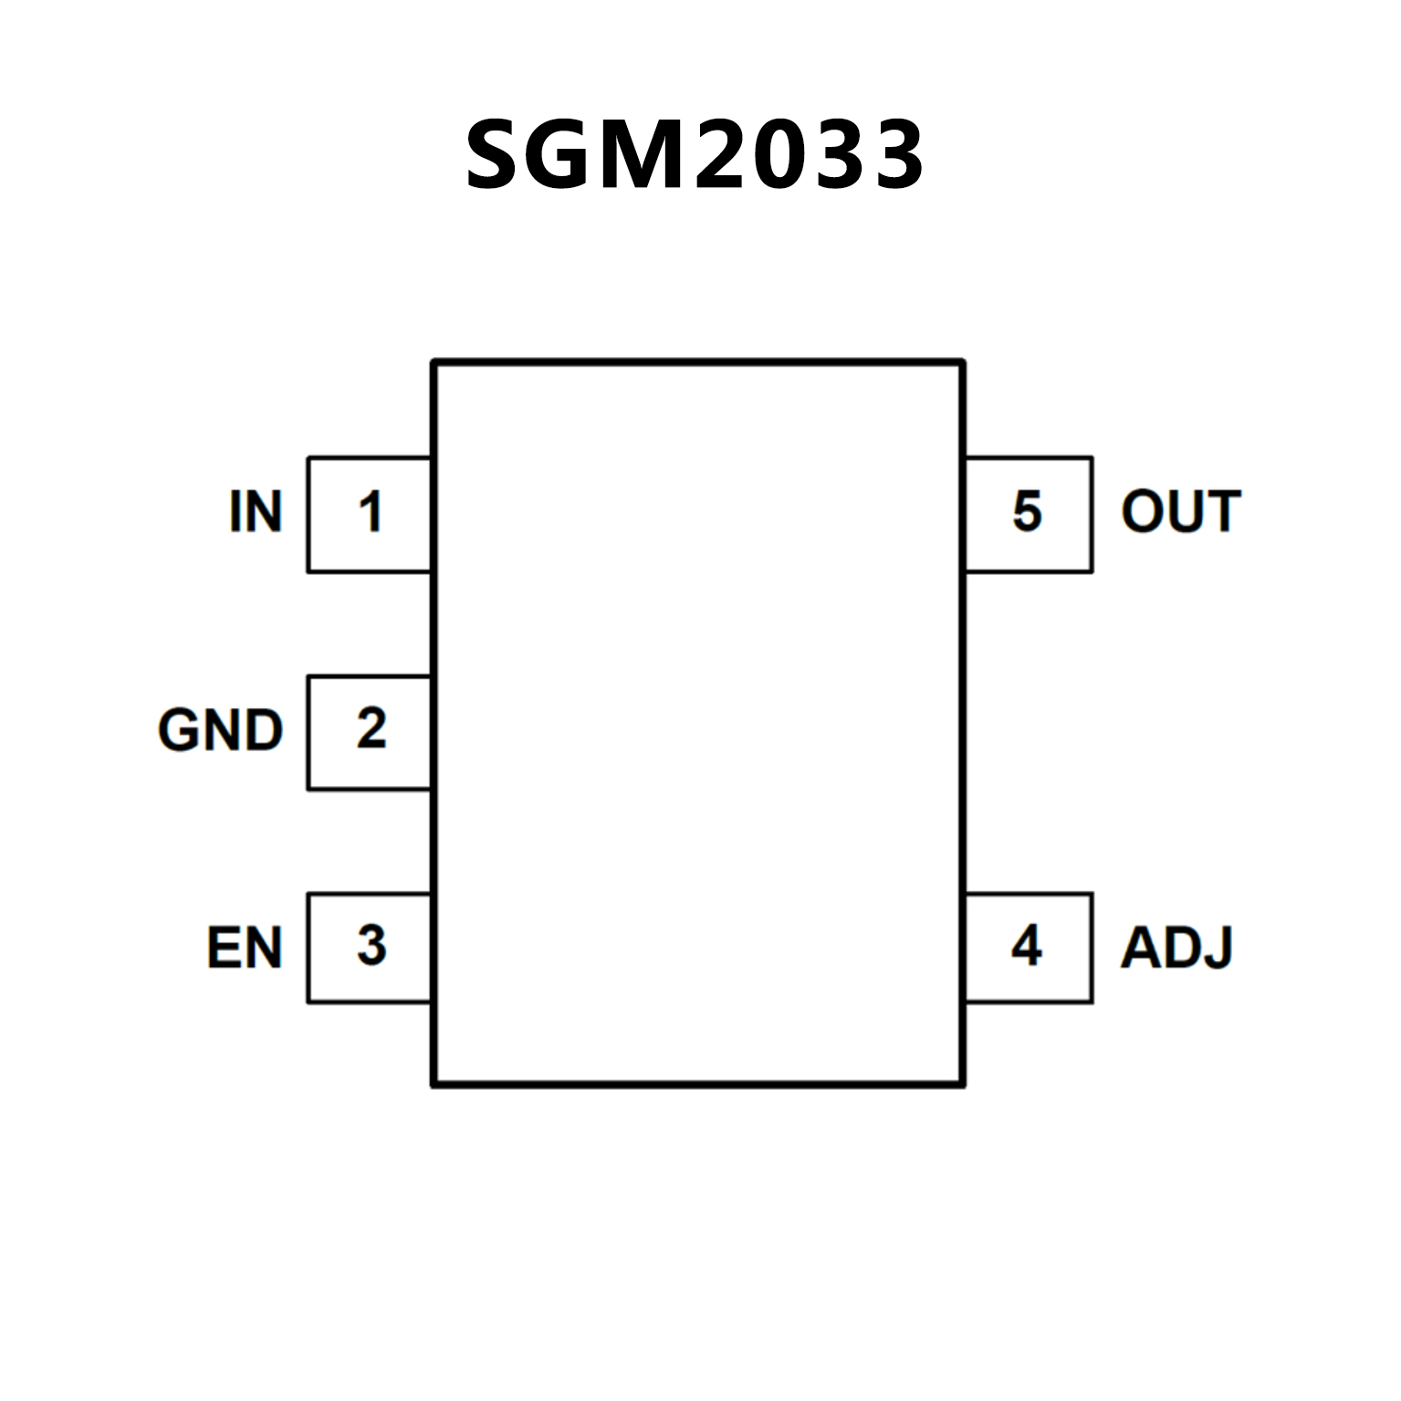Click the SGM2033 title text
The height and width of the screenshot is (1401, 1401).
(x=695, y=155)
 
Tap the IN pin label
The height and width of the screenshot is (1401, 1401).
(x=256, y=511)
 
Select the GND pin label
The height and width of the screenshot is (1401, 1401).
(x=221, y=730)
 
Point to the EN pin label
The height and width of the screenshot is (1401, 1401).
(x=244, y=947)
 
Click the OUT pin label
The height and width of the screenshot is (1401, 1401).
(x=1181, y=511)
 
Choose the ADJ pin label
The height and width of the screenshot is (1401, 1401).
(x=1177, y=947)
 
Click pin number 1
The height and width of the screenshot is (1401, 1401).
(x=370, y=512)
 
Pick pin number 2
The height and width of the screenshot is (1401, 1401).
(x=371, y=729)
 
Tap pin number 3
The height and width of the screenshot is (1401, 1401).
(x=371, y=946)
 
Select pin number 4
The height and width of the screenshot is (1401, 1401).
(x=1027, y=946)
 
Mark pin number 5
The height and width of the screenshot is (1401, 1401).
(x=1027, y=511)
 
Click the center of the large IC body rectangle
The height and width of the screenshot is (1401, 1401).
(x=698, y=723)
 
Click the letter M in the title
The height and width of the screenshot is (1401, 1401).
(x=639, y=155)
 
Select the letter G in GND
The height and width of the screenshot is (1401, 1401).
(x=179, y=730)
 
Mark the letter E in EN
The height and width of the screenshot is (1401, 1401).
(x=223, y=947)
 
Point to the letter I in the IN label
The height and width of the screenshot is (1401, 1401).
(x=235, y=511)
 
